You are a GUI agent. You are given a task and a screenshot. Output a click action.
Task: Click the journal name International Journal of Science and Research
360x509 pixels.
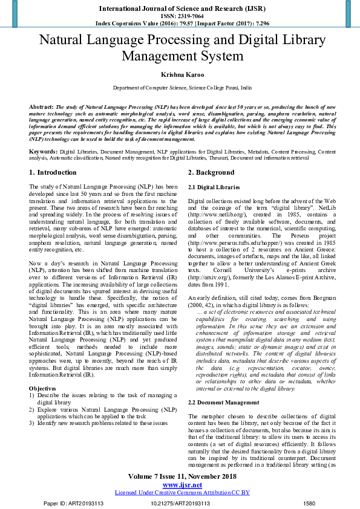point(179,9)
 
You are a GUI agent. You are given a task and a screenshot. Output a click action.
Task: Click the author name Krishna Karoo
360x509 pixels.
point(179,75)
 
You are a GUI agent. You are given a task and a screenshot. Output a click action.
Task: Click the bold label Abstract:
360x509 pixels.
point(41,106)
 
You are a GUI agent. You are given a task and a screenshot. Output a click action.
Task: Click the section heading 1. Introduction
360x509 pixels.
point(53,173)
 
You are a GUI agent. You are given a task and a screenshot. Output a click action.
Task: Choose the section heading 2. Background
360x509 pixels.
point(211,173)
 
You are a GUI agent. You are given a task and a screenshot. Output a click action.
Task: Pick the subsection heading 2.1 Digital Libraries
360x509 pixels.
point(214,187)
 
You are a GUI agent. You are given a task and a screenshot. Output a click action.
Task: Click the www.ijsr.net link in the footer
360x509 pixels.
point(179,485)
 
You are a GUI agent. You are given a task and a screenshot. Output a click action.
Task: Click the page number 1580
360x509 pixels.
point(309,503)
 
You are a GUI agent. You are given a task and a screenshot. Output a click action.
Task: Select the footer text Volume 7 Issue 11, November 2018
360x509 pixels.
point(179,477)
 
